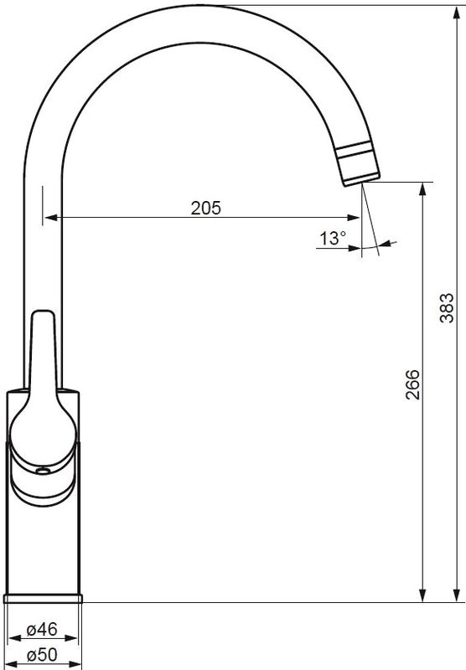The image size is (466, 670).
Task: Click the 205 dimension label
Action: (206, 208)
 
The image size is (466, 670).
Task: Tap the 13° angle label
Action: (333, 238)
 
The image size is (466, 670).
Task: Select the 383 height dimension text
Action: (447, 307)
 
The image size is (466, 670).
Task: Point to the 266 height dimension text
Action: (412, 384)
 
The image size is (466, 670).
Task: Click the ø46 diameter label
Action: (42, 629)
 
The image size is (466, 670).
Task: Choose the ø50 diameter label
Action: (42, 654)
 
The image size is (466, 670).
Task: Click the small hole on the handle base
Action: (43, 471)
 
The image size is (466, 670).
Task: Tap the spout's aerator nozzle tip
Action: (362, 180)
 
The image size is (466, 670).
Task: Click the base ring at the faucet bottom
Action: (43, 598)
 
